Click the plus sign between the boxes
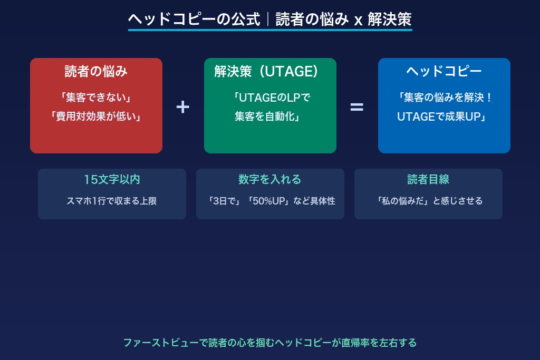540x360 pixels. click(182, 107)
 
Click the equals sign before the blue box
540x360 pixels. click(357, 107)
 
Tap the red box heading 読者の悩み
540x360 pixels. click(96, 72)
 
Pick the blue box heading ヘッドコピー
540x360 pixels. click(444, 72)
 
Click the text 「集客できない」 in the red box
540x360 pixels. click(96, 98)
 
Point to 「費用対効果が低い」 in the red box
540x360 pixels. click(96, 116)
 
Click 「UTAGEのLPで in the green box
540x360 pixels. click(270, 98)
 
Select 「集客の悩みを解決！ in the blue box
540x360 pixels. click(444, 98)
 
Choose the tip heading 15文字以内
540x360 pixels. click(112, 179)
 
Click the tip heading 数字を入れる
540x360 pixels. click(270, 179)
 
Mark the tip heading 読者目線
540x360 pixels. click(428, 179)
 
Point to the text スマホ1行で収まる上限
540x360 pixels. click(112, 201)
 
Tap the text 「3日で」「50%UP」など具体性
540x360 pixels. click(270, 201)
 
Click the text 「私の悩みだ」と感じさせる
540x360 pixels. click(428, 201)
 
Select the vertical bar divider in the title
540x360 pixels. click(268, 20)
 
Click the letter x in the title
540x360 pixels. click(358, 21)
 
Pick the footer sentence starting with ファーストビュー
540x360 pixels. click(270, 343)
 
